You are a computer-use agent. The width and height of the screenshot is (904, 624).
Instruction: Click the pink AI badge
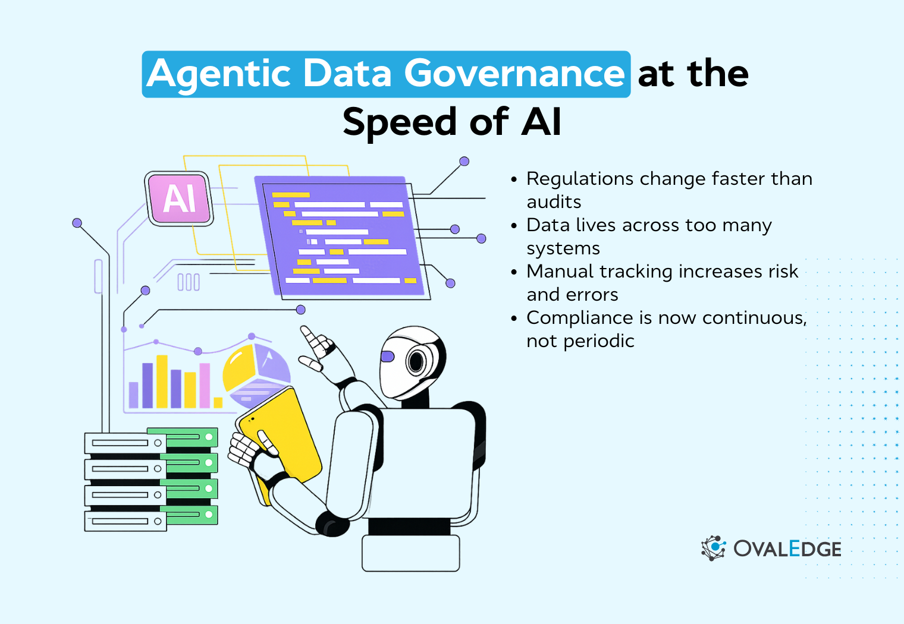tap(180, 198)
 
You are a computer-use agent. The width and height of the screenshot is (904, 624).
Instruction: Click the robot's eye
tap(416, 361)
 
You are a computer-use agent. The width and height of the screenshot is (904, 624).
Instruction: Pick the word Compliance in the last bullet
tap(579, 318)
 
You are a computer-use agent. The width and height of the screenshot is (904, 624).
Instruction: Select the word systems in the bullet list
tap(563, 248)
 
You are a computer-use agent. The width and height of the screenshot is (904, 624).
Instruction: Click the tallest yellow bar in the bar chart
tap(162, 381)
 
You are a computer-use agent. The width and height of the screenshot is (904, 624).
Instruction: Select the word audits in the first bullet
tap(554, 202)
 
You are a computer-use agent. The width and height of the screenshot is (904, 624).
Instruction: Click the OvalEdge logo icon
tap(713, 548)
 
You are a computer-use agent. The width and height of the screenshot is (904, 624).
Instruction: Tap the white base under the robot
tap(410, 553)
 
